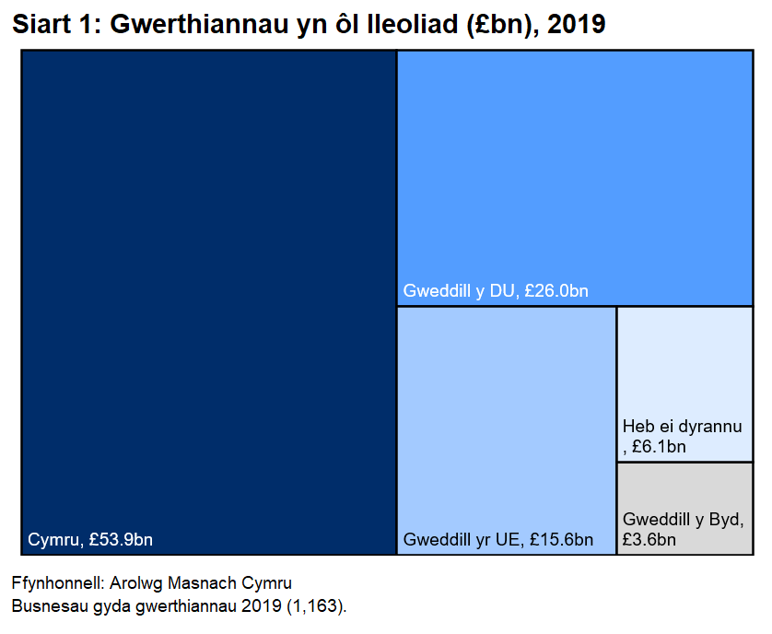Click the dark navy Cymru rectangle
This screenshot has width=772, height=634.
click(x=208, y=295)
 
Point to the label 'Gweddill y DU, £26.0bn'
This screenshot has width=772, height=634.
click(x=496, y=292)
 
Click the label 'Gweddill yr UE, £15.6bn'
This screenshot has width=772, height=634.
click(x=497, y=540)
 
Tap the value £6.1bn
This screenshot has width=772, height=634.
click(x=660, y=448)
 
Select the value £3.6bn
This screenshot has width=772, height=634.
click(x=649, y=540)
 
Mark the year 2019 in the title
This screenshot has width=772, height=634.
click(x=576, y=25)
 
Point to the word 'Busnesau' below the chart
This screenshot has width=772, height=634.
click(x=47, y=606)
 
